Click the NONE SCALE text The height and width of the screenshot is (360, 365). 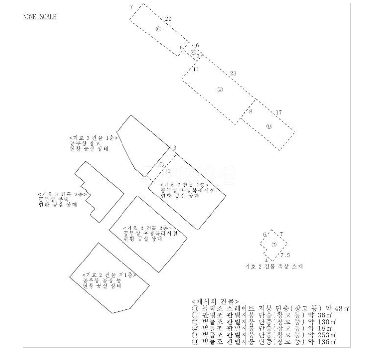coord(40,18)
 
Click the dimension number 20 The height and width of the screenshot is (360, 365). coord(168,19)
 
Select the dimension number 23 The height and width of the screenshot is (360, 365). coord(233,73)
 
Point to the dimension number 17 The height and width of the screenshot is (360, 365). coord(279,113)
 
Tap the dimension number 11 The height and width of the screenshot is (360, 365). coord(196,70)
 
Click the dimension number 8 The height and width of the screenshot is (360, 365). coord(250,112)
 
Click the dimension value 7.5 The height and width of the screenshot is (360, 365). coord(285,255)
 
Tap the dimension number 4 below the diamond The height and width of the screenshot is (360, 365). coord(266,260)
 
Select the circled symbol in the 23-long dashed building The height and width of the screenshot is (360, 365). coord(220,90)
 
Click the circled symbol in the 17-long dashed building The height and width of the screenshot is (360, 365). coord(268,126)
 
